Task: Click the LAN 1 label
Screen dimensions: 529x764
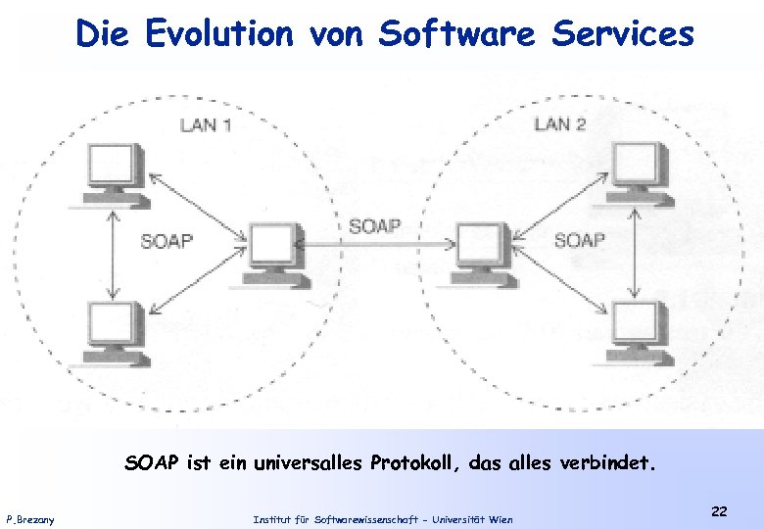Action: click(x=205, y=124)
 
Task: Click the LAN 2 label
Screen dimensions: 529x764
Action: click(x=559, y=123)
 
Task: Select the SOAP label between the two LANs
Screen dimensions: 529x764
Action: click(x=374, y=226)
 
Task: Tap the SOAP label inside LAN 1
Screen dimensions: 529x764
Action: click(x=167, y=240)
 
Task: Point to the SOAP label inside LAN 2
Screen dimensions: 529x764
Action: click(x=580, y=239)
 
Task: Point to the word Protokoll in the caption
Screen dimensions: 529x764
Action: click(x=416, y=462)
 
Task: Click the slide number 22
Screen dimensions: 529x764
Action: click(x=719, y=511)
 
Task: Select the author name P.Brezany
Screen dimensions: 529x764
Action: click(x=30, y=518)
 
